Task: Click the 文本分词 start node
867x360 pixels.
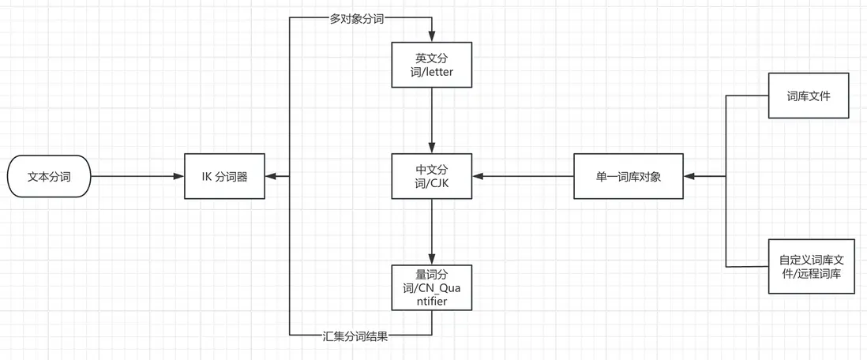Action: pos(49,177)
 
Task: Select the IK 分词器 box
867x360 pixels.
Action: pos(224,177)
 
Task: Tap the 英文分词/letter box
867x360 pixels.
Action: pos(431,66)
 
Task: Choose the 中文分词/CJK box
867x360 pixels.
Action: pos(431,177)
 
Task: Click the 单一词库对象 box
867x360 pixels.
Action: pos(629,177)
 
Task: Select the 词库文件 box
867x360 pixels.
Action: pos(808,96)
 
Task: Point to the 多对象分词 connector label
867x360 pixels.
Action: pos(356,19)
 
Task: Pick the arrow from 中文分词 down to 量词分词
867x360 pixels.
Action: pos(431,231)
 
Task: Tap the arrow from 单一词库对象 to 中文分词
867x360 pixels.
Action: pos(522,177)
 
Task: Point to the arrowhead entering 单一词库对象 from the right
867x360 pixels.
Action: pos(690,177)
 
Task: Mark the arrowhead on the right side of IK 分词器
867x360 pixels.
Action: pos(271,177)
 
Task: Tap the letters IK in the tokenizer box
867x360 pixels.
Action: pos(207,177)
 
